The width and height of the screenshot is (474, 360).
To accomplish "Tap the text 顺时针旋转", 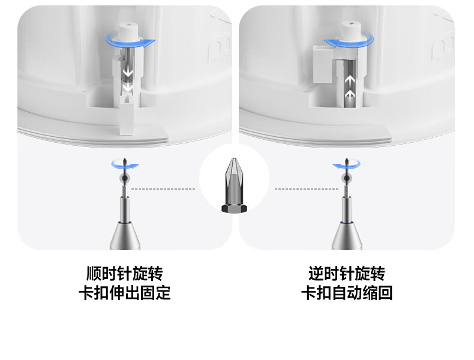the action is (x=125, y=273).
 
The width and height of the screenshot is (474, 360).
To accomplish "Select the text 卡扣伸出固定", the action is (x=125, y=293).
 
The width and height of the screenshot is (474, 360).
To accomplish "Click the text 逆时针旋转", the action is (x=346, y=273).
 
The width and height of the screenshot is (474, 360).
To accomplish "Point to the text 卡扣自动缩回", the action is (x=346, y=293).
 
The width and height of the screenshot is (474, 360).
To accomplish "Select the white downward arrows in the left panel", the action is (x=128, y=80).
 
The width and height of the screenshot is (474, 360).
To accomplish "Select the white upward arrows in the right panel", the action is (x=350, y=87).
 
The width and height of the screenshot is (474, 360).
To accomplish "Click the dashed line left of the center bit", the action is (x=163, y=189).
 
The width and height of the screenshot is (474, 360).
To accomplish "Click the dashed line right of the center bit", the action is (x=307, y=189).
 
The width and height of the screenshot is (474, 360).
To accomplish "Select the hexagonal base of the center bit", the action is (x=235, y=208).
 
